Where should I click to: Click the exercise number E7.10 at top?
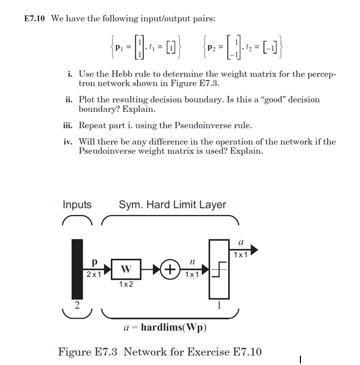pos(34,19)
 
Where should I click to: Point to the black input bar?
pos(77,269)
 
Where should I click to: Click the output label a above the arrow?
pos(241,243)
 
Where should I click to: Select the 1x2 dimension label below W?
pos(125,284)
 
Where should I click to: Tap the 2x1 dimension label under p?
pos(94,273)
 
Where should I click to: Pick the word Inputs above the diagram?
pos(77,205)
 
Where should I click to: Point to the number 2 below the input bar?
pos(76,306)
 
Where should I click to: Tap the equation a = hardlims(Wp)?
pos(165,328)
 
